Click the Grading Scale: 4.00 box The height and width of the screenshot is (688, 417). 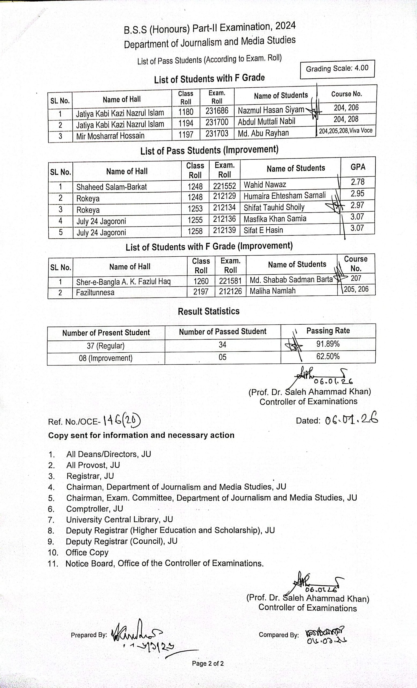point(337,69)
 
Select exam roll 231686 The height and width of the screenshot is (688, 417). point(217,111)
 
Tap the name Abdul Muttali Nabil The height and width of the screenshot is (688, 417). point(266,122)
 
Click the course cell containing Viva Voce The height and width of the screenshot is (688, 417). point(346,131)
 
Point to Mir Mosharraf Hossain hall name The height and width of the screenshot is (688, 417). point(110,136)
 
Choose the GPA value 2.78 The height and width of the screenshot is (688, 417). point(357,182)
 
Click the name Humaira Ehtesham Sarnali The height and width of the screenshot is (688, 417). point(284,195)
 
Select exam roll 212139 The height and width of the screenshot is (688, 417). point(224,230)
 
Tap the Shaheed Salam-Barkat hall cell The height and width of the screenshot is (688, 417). point(112,187)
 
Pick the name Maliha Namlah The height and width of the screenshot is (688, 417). point(272,291)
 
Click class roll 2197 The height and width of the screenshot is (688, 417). point(201,292)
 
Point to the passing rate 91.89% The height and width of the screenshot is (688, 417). point(328,344)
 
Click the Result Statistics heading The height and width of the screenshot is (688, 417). point(209,311)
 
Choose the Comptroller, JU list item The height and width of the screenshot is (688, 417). point(94,509)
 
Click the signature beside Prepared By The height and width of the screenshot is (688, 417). point(137,634)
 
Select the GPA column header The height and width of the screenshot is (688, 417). point(358,167)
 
